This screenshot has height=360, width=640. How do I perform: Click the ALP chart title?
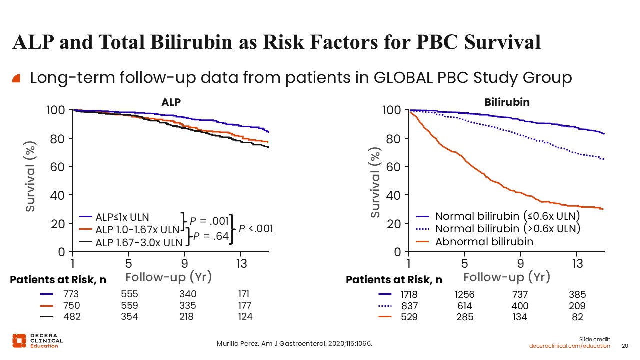click(x=171, y=102)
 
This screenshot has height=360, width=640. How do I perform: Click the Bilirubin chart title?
click(x=507, y=102)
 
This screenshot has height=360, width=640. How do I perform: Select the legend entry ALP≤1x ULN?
click(x=114, y=217)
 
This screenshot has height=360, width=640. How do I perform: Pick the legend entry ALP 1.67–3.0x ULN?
click(x=131, y=243)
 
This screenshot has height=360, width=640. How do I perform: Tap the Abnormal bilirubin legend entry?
click(x=475, y=242)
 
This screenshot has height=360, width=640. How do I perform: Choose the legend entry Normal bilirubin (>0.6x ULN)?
click(x=498, y=229)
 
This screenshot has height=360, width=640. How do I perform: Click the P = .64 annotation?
click(x=211, y=236)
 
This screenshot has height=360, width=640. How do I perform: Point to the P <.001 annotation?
click(x=256, y=229)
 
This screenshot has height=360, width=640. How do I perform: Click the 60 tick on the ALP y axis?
click(x=57, y=167)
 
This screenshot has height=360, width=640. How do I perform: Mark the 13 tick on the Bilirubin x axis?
click(x=577, y=263)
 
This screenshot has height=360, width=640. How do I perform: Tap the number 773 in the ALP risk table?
click(x=71, y=294)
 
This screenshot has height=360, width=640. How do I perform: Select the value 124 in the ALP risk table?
click(x=245, y=317)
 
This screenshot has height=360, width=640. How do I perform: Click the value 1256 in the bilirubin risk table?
click(x=464, y=294)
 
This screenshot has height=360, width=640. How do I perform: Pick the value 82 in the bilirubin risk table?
click(x=577, y=317)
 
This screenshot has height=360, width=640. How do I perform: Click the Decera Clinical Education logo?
click(x=37, y=341)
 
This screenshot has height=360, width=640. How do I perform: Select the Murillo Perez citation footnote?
click(x=294, y=343)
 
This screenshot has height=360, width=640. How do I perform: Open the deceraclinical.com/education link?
click(x=569, y=346)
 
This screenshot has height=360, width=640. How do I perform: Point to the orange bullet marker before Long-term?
click(x=16, y=78)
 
